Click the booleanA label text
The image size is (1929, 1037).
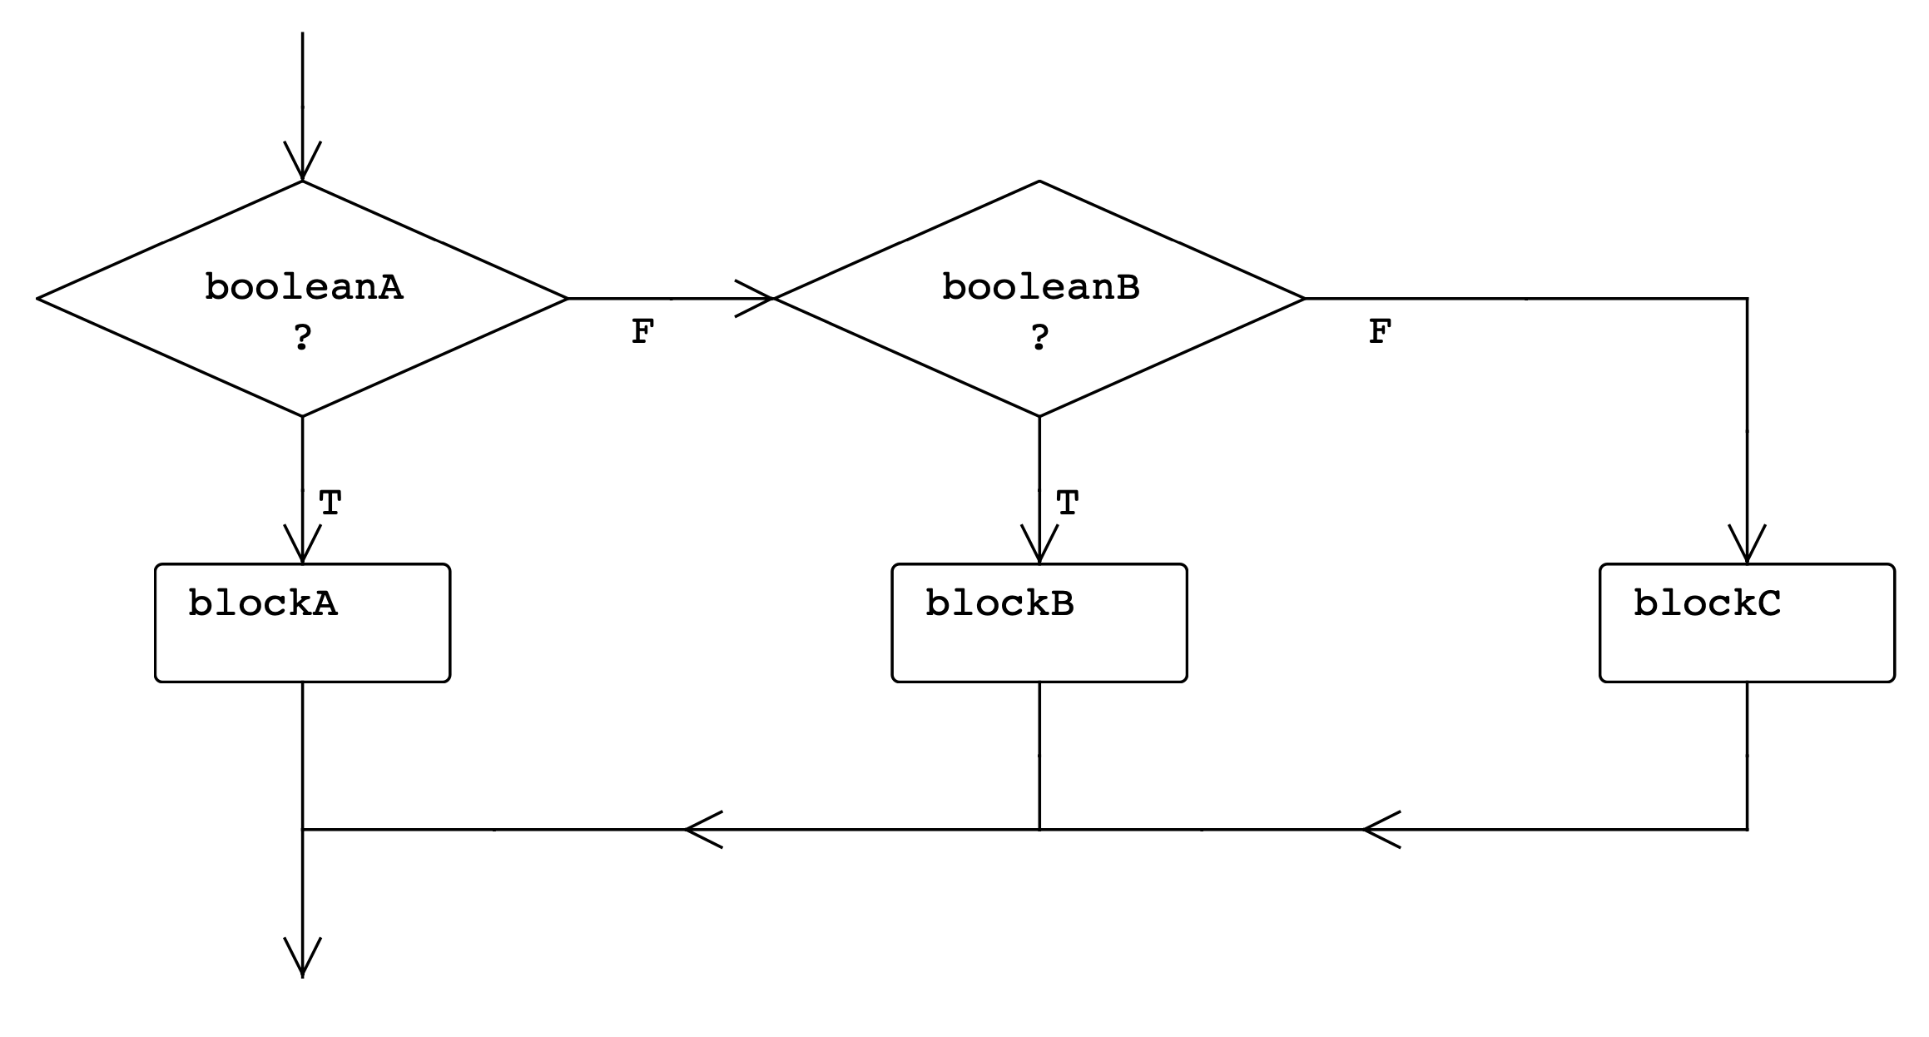tap(304, 287)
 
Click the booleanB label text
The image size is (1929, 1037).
tap(1040, 287)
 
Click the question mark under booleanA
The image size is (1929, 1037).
tap(303, 338)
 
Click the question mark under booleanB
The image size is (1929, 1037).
tap(1039, 338)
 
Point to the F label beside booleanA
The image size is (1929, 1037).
tap(642, 332)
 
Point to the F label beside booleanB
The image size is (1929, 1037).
tap(1380, 332)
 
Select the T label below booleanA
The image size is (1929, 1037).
tap(330, 504)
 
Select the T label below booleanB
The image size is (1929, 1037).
tap(1068, 504)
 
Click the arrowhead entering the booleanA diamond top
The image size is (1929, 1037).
tap(302, 162)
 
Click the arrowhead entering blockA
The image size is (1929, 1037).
tap(302, 546)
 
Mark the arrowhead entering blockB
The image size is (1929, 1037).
tap(1039, 546)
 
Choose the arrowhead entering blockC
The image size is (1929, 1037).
tap(1747, 546)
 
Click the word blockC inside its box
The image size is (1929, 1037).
tap(1707, 603)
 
